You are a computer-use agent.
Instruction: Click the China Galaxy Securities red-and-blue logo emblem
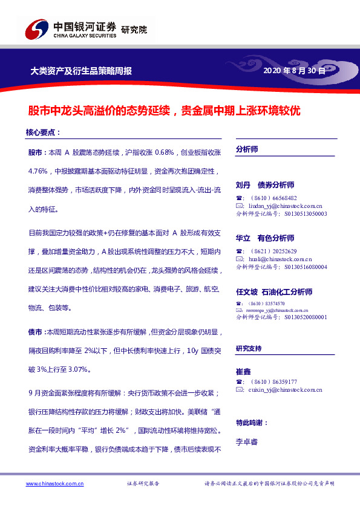click(x=36, y=30)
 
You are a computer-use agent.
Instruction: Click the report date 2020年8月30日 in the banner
click(x=295, y=71)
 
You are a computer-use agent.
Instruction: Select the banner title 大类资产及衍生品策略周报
click(x=81, y=71)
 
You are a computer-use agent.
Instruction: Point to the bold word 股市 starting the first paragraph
click(x=35, y=151)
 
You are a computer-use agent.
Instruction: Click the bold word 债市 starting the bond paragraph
click(x=35, y=332)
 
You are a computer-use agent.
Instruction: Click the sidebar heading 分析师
click(x=247, y=149)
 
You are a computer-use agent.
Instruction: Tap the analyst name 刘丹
click(x=243, y=185)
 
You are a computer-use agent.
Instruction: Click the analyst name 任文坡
click(x=247, y=292)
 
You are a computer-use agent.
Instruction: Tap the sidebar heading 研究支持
click(x=249, y=349)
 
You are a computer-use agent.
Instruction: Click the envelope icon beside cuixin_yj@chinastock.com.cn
click(x=239, y=391)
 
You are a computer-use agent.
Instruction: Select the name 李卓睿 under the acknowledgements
click(x=247, y=442)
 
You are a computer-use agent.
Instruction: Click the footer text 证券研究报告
click(x=143, y=484)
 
